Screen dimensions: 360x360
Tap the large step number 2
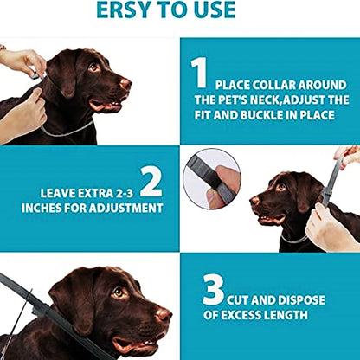point(151,181)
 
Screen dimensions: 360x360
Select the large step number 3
point(213,291)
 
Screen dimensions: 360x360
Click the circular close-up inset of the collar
point(211,177)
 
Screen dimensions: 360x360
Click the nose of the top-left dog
point(125,84)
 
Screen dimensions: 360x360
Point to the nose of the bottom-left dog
point(164,315)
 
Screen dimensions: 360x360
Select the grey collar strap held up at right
point(330,181)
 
